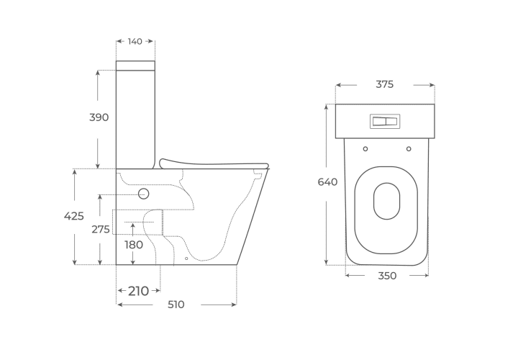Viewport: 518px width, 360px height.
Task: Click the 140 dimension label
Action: click(x=135, y=41)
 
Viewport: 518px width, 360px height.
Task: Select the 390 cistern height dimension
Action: click(x=99, y=117)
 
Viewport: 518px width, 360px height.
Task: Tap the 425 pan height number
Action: click(x=73, y=216)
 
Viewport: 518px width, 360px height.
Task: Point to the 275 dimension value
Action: click(x=101, y=229)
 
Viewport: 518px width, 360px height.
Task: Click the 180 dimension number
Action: click(x=134, y=245)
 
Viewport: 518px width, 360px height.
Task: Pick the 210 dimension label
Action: click(x=138, y=291)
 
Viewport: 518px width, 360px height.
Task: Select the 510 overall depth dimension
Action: click(x=176, y=305)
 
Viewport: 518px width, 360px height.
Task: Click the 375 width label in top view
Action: click(x=384, y=85)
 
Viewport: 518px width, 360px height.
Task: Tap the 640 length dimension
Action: click(x=327, y=182)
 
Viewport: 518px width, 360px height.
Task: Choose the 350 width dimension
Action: click(x=387, y=276)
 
